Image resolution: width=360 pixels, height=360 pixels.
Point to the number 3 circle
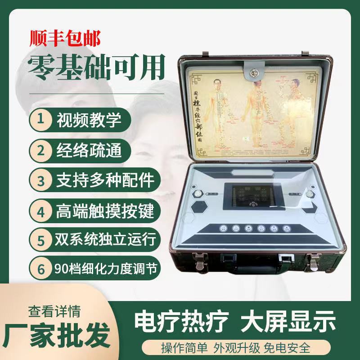pos(41,180)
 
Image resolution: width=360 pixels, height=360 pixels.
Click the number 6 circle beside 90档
pos(41,269)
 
